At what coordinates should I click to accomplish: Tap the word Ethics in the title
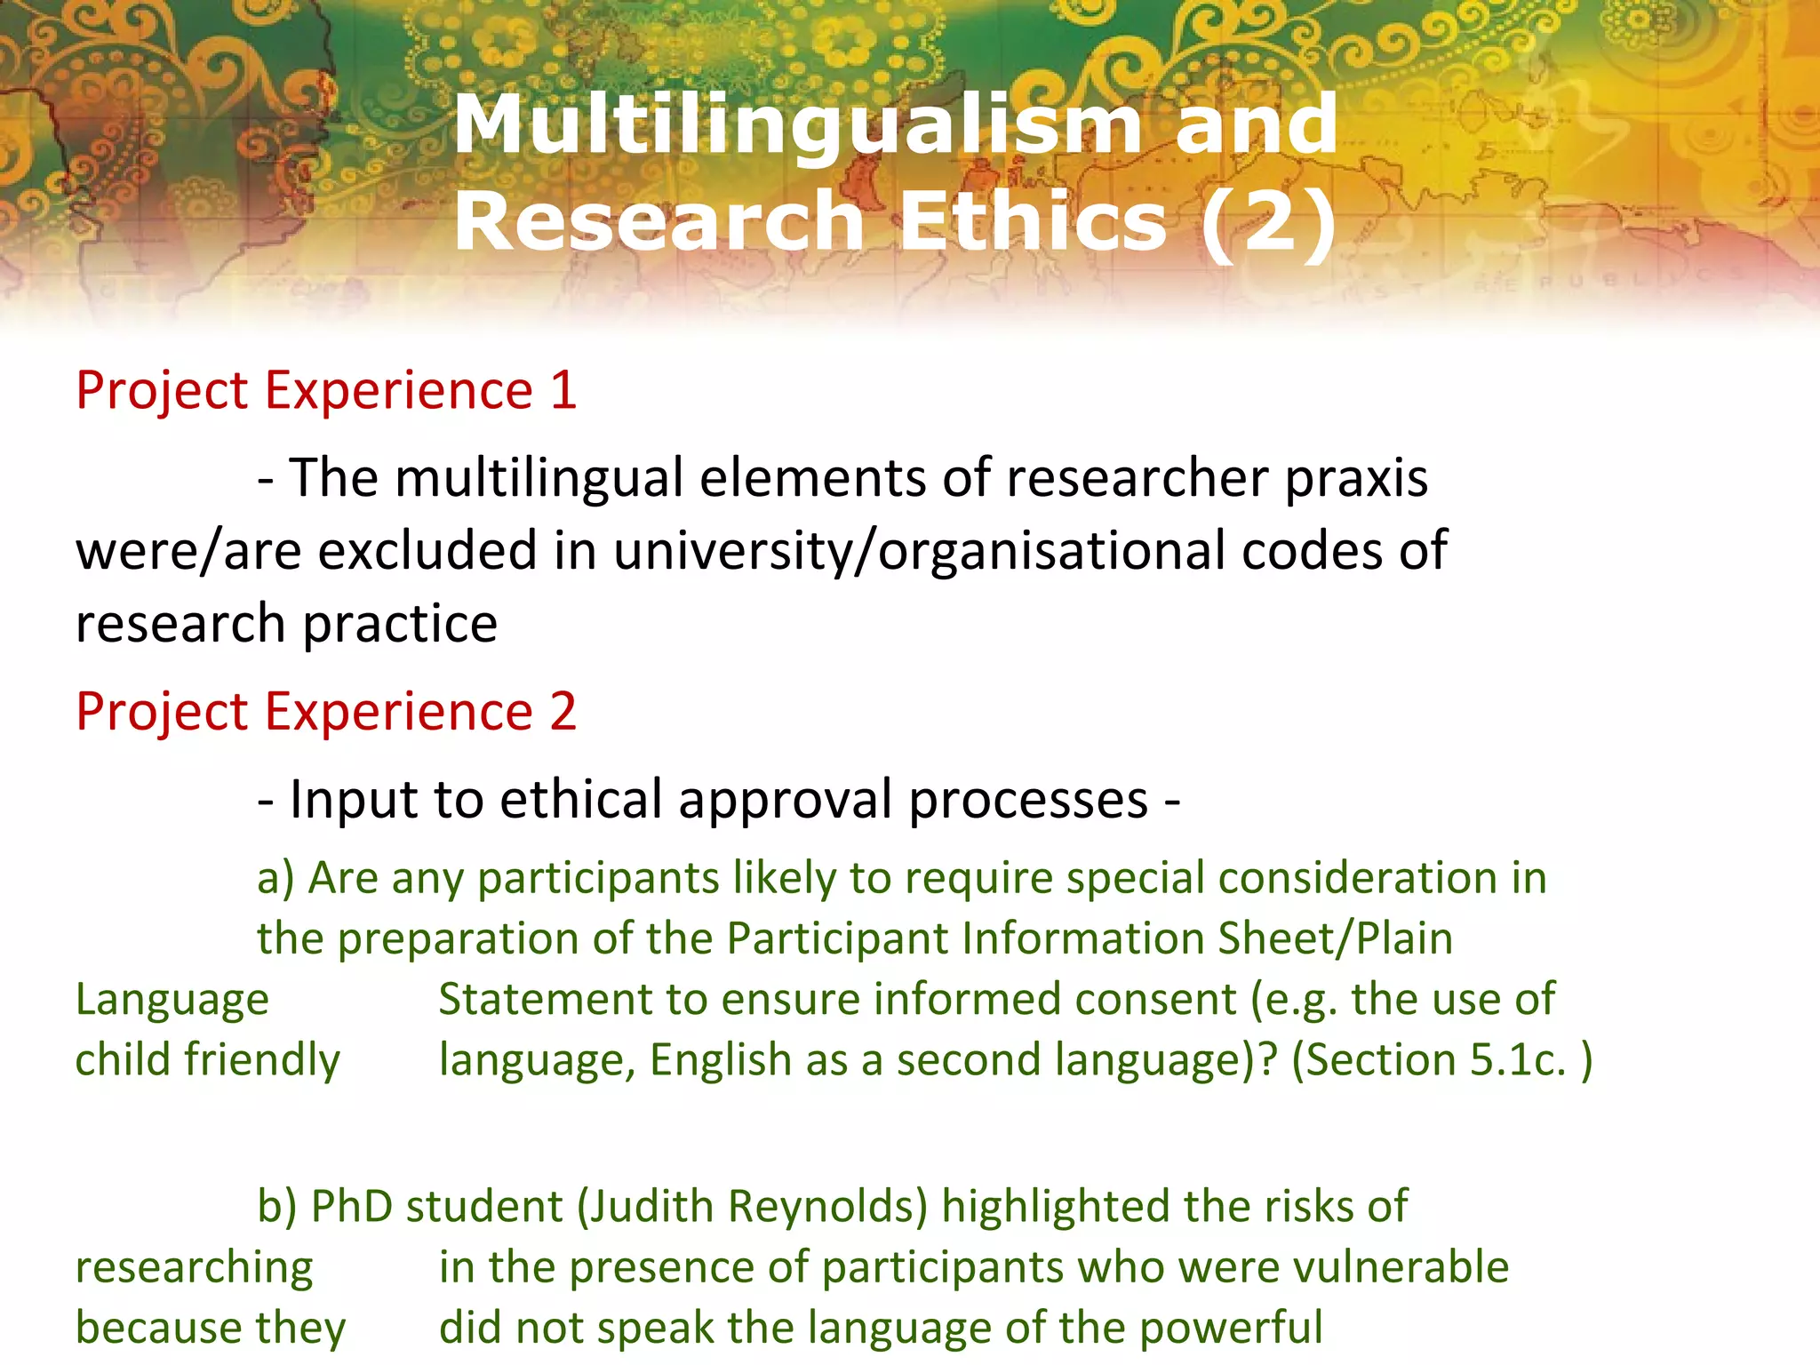(x=1033, y=221)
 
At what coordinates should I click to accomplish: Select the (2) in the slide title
(x=1268, y=221)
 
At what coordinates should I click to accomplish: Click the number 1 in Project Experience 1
(x=563, y=390)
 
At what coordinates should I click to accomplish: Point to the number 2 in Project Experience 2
(x=563, y=711)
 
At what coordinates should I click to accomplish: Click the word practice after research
(x=400, y=624)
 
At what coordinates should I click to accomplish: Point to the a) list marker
(x=275, y=879)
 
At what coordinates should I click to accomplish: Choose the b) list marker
(x=276, y=1207)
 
